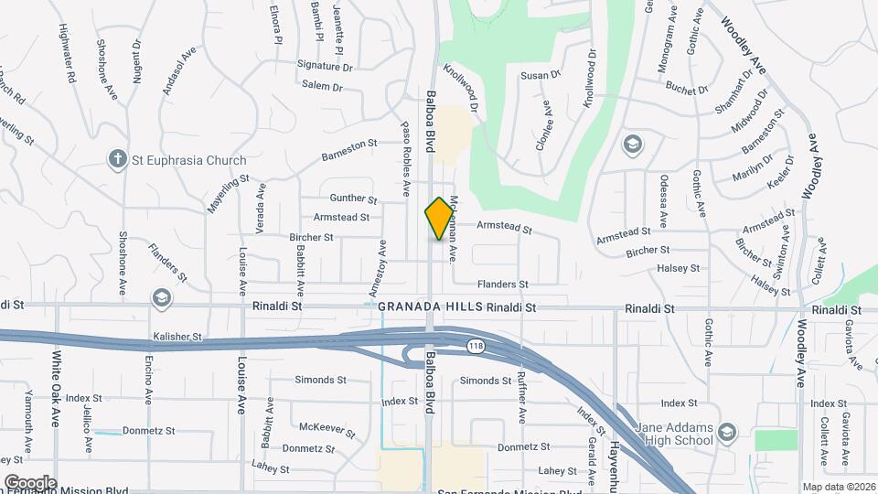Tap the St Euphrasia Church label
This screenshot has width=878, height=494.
coord(188,160)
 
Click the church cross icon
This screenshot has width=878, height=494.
coord(117,159)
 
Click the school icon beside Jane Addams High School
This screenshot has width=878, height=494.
coord(727,432)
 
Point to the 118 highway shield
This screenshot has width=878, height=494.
coord(475,346)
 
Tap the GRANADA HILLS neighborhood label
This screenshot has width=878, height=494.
coord(430,309)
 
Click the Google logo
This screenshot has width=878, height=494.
coord(30,482)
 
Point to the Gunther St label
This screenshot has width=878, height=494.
coord(353,199)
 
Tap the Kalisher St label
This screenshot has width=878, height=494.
coord(177,337)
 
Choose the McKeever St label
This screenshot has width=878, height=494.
coord(327,427)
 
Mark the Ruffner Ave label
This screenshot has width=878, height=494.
coord(522,402)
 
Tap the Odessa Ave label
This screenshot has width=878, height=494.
coord(662,201)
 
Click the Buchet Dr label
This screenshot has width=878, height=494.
coord(687,89)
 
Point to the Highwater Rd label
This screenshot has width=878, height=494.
coord(68,54)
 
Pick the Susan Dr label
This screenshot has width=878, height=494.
coord(540,76)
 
